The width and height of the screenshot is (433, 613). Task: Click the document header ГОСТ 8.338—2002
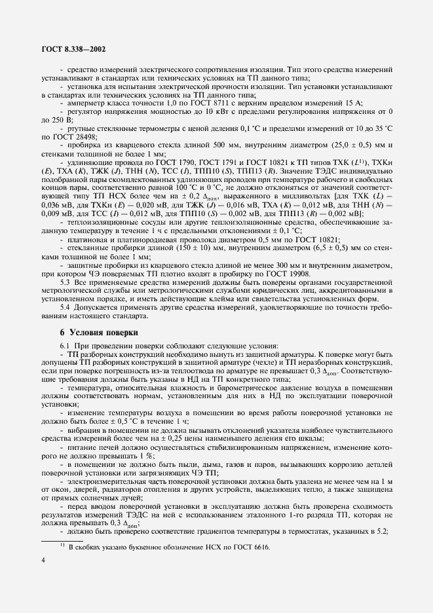point(73,48)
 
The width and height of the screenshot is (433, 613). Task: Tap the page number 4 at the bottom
point(43,576)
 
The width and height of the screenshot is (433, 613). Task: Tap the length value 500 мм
point(189,145)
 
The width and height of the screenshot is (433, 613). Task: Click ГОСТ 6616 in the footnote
point(246,548)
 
